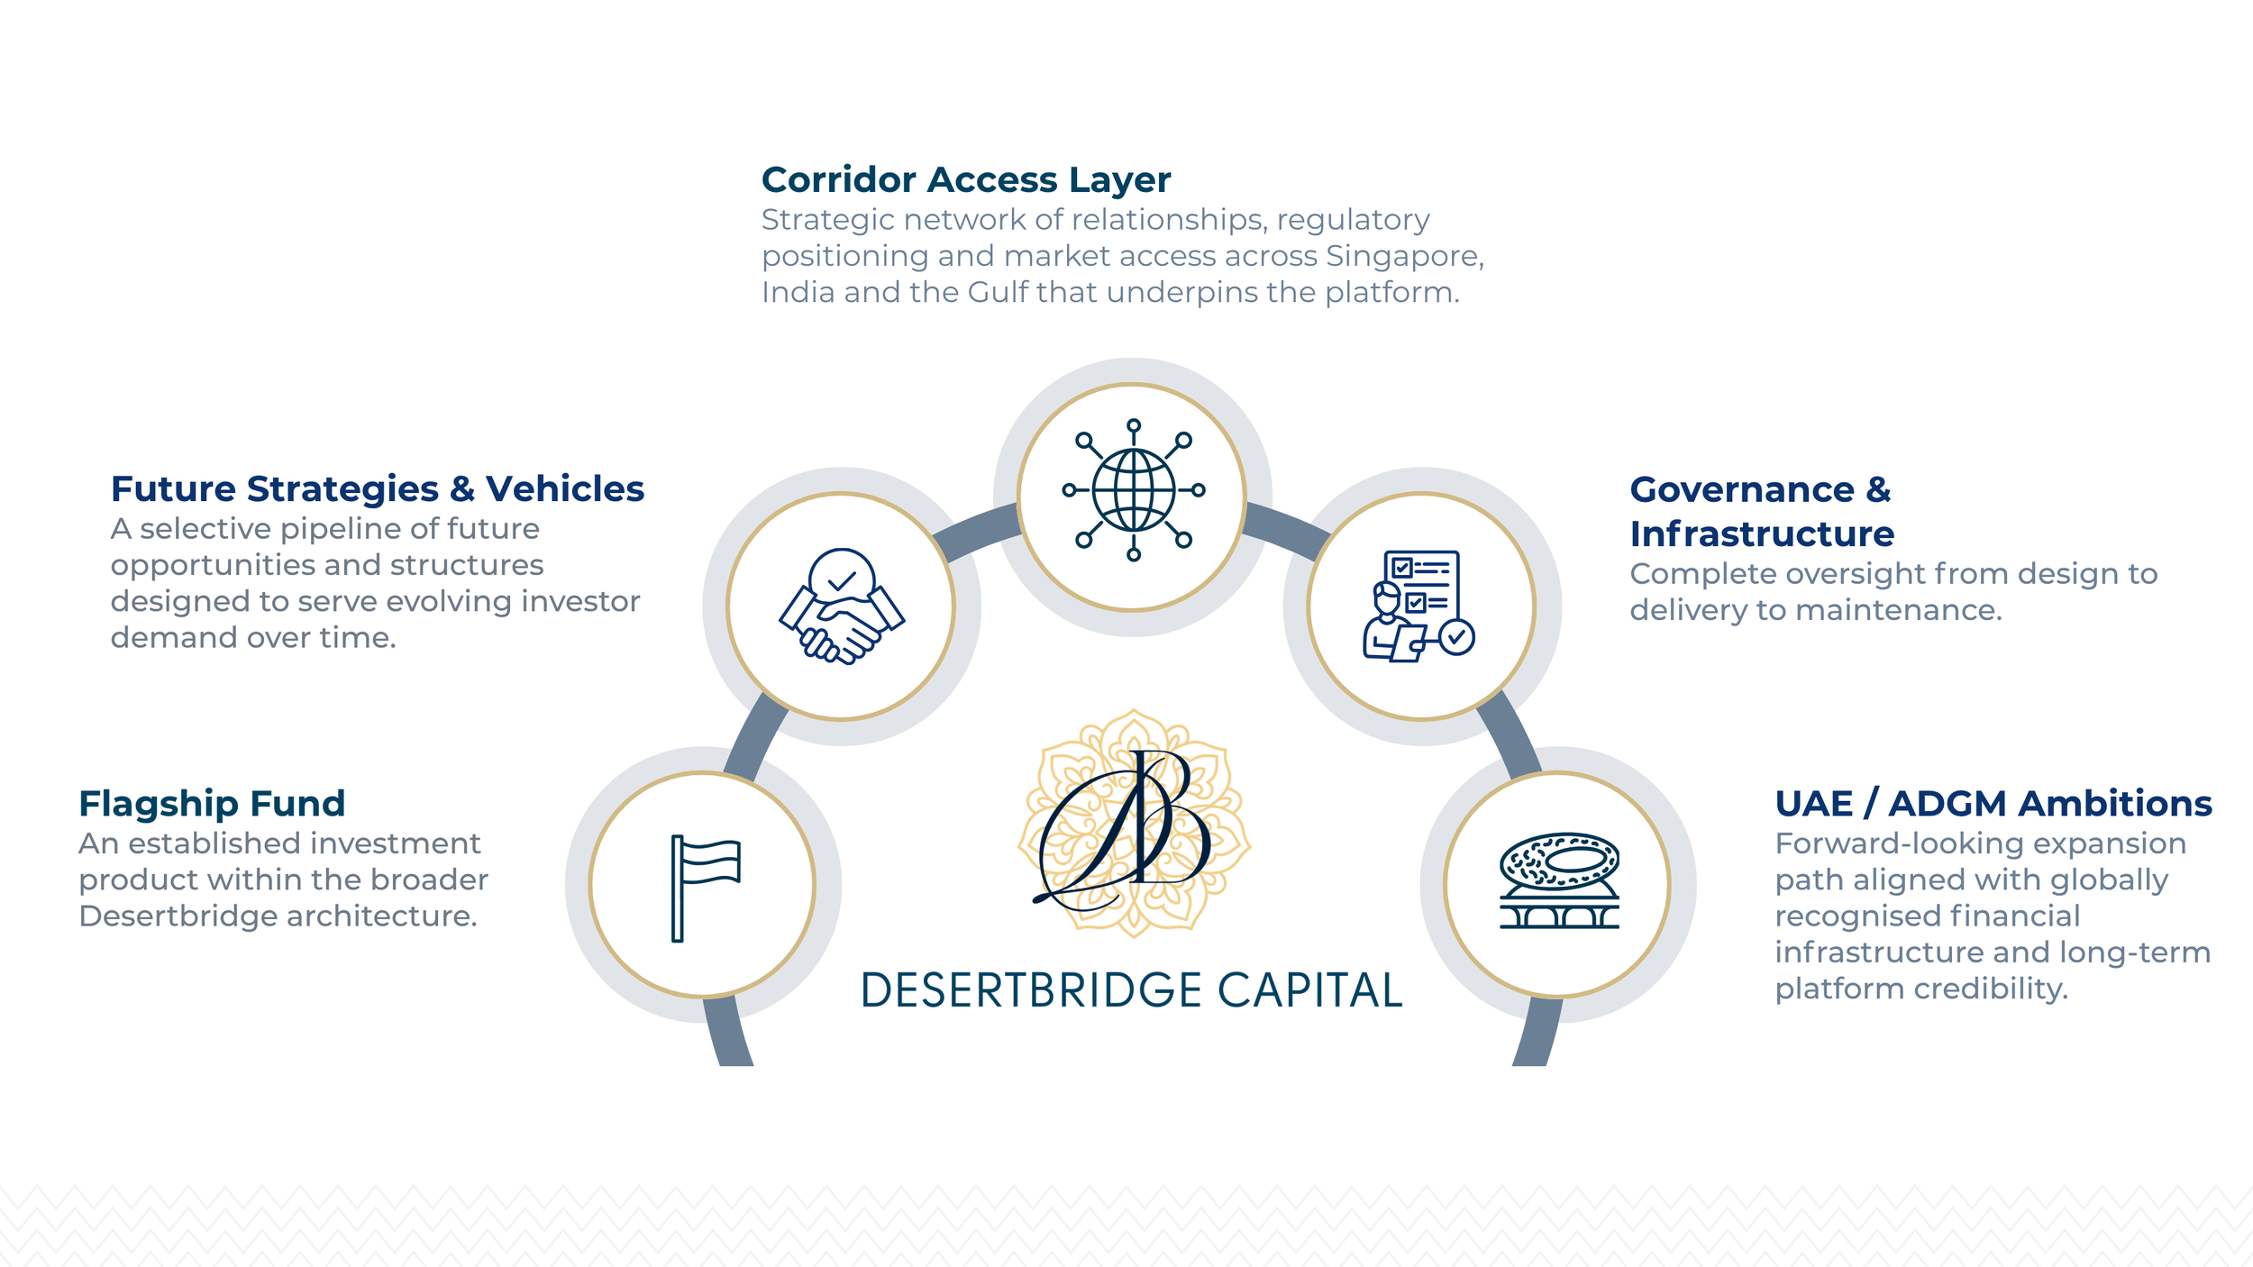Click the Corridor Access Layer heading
[965, 179]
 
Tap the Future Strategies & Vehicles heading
[377, 488]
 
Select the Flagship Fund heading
[212, 803]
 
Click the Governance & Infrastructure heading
[1761, 511]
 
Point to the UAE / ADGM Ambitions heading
[1993, 803]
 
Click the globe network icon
[1133, 490]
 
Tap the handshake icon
[841, 606]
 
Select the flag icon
[704, 887]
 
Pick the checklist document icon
[1417, 606]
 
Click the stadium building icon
[1559, 881]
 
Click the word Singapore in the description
[1403, 256]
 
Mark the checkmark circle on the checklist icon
[1456, 637]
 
